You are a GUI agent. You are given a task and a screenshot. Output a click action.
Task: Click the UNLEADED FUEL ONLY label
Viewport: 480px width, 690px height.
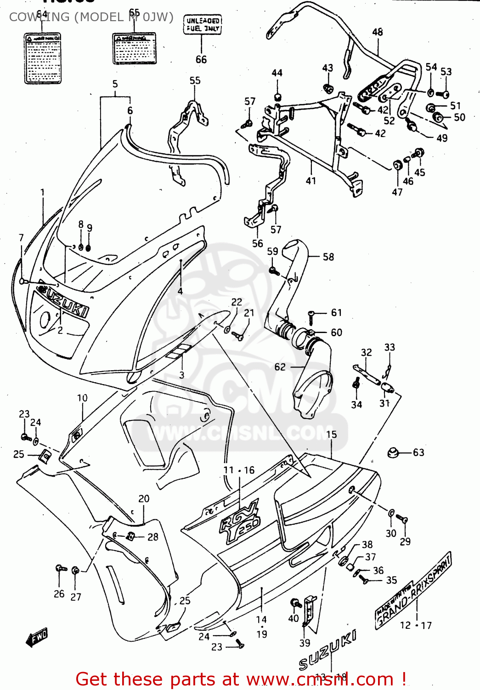203,24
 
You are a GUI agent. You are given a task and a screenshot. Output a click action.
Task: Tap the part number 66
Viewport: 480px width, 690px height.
201,60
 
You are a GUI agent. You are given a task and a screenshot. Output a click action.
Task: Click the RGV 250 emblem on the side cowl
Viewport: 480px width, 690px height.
240,522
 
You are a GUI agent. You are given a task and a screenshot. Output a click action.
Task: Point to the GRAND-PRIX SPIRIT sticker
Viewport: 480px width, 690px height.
413,590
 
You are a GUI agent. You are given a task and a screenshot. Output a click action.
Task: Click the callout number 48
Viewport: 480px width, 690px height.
378,32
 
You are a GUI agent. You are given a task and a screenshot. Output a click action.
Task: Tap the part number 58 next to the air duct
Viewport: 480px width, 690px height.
328,257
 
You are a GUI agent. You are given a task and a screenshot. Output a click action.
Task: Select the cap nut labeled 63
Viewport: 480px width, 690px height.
392,452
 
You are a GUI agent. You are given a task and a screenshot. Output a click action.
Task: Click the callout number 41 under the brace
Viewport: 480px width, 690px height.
311,181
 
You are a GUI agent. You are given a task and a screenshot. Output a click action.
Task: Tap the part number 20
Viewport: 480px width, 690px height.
144,499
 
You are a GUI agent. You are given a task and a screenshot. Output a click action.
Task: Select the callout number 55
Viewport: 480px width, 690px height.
195,80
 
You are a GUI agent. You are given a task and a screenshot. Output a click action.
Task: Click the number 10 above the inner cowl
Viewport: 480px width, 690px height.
82,398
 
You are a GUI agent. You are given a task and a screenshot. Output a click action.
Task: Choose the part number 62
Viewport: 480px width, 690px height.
280,367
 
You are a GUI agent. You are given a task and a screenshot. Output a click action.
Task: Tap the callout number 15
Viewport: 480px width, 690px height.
331,435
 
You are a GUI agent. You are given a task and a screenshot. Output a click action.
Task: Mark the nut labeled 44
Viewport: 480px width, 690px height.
277,97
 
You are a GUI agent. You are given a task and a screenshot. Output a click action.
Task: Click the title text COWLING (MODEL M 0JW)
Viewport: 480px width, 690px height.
91,17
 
